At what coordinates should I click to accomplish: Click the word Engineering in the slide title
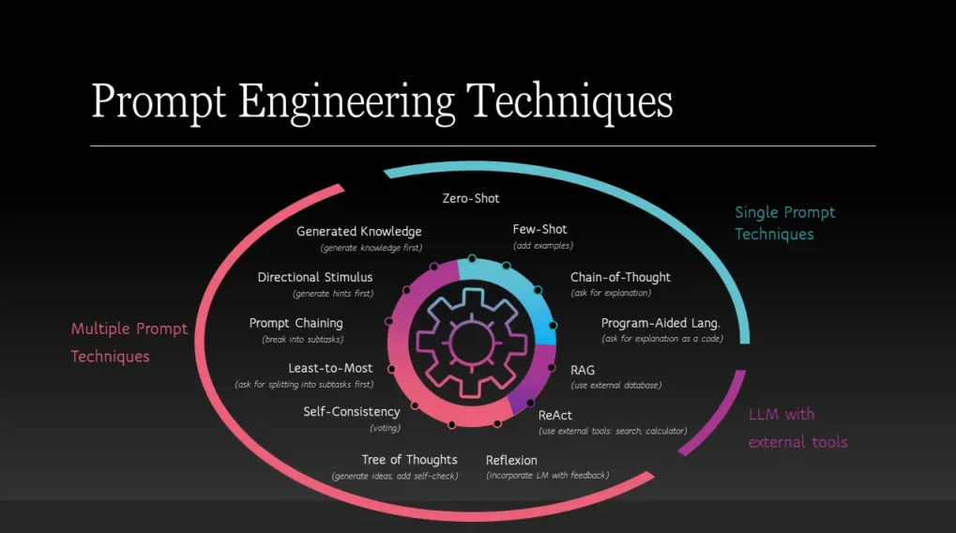coord(346,102)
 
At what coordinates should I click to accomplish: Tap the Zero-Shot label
coord(471,198)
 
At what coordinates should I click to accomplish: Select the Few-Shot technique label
coord(539,229)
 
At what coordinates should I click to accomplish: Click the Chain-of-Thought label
coord(620,278)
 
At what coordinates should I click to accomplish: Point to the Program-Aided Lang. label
coord(660,323)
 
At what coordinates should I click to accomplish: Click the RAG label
coord(583,370)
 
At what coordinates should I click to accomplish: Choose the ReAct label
coord(554,416)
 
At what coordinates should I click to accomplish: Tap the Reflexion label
coord(511,461)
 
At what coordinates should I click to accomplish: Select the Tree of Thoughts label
coord(409,460)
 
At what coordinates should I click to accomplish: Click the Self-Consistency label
coord(352,412)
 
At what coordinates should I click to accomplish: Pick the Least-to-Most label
coord(330,369)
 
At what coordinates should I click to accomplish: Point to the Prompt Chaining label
coord(296,323)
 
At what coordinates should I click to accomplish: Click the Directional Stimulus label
coord(314,278)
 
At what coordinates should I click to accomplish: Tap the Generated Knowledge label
coord(358,232)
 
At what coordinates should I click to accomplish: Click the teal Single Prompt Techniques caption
coord(784,223)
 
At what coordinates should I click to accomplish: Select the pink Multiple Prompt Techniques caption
coord(129,343)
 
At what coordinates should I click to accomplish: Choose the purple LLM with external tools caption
coord(797,428)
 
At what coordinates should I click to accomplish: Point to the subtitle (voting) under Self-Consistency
coord(386,428)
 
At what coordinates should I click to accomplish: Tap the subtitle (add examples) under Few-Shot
coord(542,246)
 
